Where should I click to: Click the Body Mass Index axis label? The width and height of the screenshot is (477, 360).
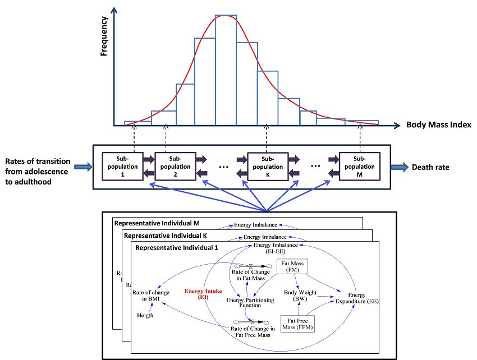pyautogui.click(x=438, y=124)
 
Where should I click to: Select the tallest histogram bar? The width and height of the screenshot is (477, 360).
pyautogui.click(x=226, y=70)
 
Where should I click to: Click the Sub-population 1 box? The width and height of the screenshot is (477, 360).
pyautogui.click(x=122, y=166)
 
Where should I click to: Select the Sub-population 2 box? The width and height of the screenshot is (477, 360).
pyautogui.click(x=175, y=166)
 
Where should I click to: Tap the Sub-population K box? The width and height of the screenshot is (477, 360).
pyautogui.click(x=268, y=166)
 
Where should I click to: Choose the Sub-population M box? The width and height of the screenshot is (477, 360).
pyautogui.click(x=360, y=166)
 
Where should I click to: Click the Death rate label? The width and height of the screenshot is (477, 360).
pyautogui.click(x=431, y=167)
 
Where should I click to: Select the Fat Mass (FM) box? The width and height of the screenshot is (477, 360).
pyautogui.click(x=292, y=267)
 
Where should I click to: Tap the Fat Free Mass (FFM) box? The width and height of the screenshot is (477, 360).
pyautogui.click(x=297, y=324)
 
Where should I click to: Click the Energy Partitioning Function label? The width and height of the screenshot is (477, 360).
pyautogui.click(x=250, y=303)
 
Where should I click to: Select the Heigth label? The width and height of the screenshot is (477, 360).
pyautogui.click(x=145, y=315)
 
